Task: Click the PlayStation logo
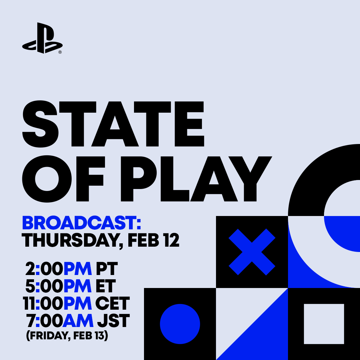click(x=42, y=38)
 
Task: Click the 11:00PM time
click(x=57, y=304)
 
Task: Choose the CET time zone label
click(x=112, y=304)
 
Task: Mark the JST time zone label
click(x=113, y=321)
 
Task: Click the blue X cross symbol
click(x=252, y=252)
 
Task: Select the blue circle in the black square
click(x=180, y=324)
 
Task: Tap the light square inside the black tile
click(x=324, y=324)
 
